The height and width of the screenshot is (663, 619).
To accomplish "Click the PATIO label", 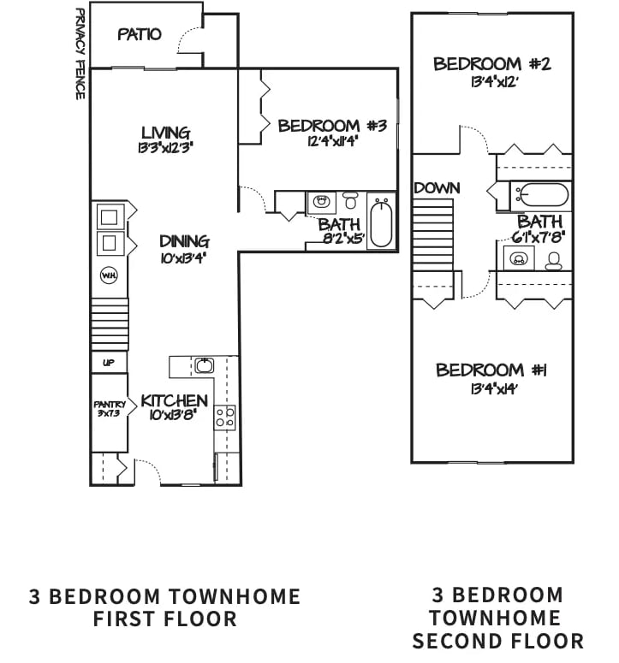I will [x=140, y=35].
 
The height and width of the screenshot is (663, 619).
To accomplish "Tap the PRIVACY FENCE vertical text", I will [x=80, y=53].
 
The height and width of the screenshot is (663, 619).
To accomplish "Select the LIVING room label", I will [x=165, y=133].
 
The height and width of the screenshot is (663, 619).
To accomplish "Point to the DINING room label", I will [x=183, y=241].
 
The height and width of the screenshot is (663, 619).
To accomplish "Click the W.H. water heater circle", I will [x=110, y=275].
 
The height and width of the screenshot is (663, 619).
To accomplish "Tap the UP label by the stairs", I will [x=109, y=363].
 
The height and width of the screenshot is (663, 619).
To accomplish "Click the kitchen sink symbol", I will [x=204, y=366].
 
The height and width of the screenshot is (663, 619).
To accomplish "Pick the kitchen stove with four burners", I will [x=225, y=417].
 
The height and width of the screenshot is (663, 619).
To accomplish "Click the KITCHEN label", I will [x=175, y=401].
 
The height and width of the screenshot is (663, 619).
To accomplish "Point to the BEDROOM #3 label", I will [x=332, y=126].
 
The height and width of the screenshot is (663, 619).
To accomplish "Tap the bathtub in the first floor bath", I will [x=381, y=222].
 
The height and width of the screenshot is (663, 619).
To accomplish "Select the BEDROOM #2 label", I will [x=489, y=63].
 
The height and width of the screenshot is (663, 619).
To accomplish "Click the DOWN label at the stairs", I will [x=437, y=188].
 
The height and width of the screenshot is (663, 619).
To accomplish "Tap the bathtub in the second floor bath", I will [x=544, y=196].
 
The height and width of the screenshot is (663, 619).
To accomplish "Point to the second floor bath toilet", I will [x=553, y=259].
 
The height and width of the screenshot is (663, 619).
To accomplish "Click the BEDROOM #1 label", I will [x=491, y=370].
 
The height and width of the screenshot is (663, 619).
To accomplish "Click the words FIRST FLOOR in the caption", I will [x=164, y=619].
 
